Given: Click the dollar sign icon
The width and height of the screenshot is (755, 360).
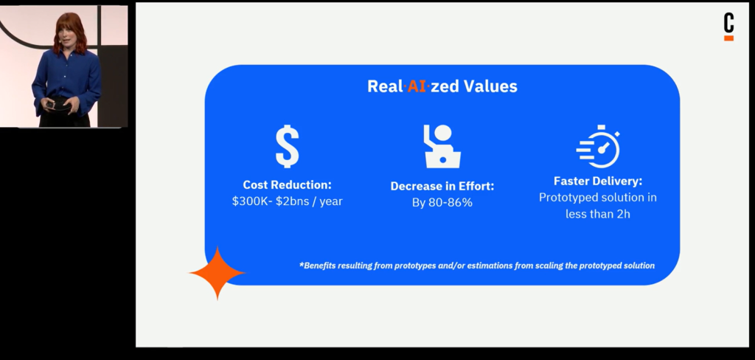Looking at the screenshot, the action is [288, 147].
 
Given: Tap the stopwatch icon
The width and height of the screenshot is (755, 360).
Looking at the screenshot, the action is [599, 147].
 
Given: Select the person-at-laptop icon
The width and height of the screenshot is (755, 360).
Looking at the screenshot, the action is [442, 147].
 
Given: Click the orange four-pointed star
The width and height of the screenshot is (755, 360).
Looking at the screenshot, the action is [218, 273].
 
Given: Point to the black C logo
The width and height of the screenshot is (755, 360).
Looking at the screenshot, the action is [729, 23].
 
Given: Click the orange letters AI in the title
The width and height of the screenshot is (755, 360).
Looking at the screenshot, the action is [417, 86].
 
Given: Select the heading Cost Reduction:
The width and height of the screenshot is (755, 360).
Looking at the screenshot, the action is [287, 184].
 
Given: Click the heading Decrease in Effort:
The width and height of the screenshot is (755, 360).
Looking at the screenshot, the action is [442, 186].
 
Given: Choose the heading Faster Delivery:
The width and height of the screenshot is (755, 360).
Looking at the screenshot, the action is [598, 181].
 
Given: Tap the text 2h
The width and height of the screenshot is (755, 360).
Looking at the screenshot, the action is [623, 213].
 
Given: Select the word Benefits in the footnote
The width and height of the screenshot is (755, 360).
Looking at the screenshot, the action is [317, 266].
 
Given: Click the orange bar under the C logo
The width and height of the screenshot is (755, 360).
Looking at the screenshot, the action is [729, 38].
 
